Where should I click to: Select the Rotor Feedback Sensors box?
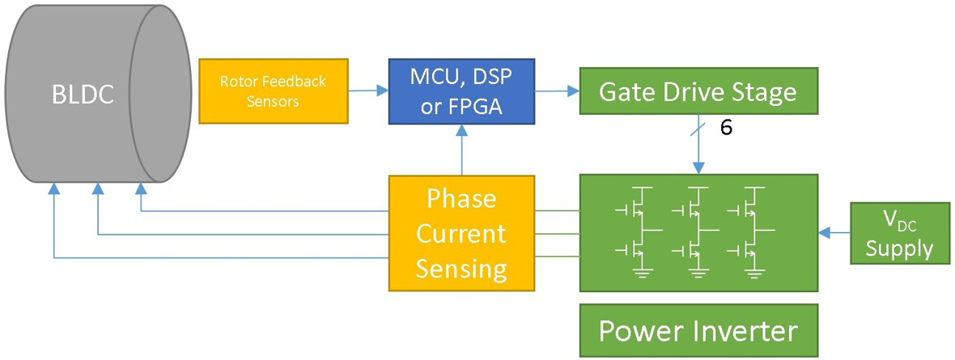click(273, 91)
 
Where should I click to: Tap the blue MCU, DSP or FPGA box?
click(461, 91)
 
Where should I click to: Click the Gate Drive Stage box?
click(697, 91)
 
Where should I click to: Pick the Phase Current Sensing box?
click(461, 233)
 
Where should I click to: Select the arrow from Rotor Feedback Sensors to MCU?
click(368, 91)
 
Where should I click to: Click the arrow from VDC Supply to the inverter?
click(834, 234)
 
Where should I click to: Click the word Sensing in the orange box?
click(461, 268)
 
